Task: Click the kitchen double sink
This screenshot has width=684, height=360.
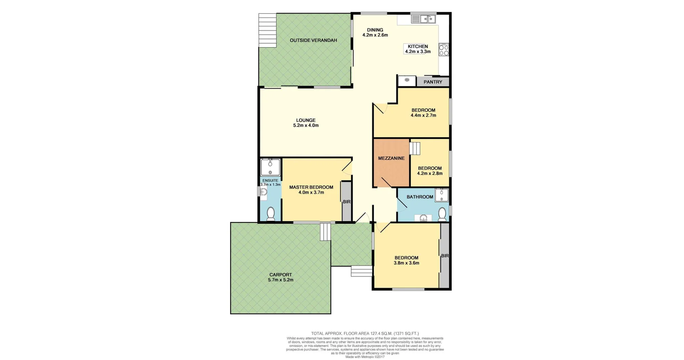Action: [424, 19]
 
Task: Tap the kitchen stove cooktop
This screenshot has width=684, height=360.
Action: [444, 50]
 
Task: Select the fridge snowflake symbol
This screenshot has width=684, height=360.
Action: [407, 80]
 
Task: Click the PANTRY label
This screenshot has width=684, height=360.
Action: [433, 82]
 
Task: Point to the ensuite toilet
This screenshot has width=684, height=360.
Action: [271, 214]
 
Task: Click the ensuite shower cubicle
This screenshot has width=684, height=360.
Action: [270, 167]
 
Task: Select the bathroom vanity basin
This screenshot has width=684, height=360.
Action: [423, 218]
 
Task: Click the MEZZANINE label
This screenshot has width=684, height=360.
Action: [391, 158]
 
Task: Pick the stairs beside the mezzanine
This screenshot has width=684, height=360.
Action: [415, 148]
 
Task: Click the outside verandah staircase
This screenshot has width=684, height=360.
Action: [267, 31]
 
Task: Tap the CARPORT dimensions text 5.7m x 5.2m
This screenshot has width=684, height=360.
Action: [281, 280]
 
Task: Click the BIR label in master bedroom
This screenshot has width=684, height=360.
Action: [347, 202]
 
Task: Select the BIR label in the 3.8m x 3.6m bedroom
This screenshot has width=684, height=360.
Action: [445, 256]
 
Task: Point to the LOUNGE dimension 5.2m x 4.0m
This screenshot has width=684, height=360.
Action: [306, 125]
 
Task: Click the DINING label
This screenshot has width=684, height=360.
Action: [375, 30]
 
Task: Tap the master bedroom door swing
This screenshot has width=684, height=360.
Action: [347, 168]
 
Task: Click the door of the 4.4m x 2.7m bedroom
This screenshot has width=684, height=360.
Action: [379, 108]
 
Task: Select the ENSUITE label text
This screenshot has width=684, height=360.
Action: [270, 181]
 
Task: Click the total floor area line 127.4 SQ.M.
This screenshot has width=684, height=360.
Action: [365, 334]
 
